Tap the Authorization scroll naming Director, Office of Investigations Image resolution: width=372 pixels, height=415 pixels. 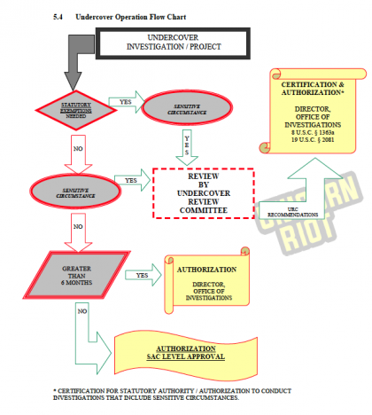206,284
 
